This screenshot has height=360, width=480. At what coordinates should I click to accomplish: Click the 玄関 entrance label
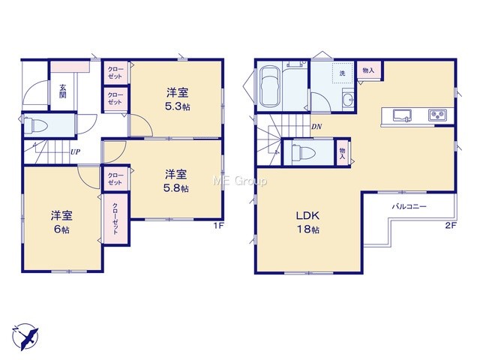tap(62, 91)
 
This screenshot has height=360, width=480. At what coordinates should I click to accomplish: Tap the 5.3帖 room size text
tap(177, 106)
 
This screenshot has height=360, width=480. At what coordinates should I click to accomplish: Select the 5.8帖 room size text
tap(175, 188)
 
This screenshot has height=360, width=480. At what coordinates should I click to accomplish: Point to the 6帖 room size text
tap(61, 229)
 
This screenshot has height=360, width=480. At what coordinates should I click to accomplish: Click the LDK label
tap(307, 216)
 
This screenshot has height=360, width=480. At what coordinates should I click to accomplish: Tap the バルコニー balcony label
tap(409, 207)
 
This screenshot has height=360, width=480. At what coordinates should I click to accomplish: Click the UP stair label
tap(75, 151)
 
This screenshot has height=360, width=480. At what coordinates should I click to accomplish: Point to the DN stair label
tap(316, 127)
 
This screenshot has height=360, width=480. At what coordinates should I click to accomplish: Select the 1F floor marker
tap(219, 226)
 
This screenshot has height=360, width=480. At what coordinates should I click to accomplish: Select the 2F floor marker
tap(451, 226)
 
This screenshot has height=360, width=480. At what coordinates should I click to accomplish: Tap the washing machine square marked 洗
tap(343, 73)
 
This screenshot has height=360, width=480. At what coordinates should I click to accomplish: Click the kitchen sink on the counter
tap(402, 115)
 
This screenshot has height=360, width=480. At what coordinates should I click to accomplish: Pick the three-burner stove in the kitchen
tap(437, 115)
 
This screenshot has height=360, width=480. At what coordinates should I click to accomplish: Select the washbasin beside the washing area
tap(348, 99)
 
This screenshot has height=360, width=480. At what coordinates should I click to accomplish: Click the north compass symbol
tap(25, 337)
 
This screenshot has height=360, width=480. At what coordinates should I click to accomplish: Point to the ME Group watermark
tap(239, 181)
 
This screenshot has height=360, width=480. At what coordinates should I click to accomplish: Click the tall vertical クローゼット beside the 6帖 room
tap(115, 218)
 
